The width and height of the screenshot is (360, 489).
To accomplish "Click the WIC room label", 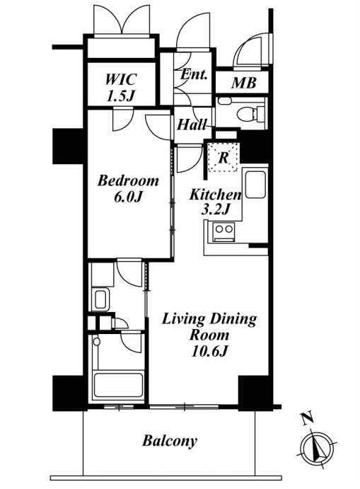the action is (120, 79).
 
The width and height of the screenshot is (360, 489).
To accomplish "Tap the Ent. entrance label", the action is (194, 74).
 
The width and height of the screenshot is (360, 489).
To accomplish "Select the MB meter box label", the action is (244, 83).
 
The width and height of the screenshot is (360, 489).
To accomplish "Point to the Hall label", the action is (192, 125).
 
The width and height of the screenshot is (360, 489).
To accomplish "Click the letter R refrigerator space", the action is (223, 158).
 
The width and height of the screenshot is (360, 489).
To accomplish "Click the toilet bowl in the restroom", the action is (250, 114).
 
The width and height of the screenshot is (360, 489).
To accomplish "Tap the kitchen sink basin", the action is (255, 185).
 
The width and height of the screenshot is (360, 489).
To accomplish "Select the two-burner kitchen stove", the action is (224, 232).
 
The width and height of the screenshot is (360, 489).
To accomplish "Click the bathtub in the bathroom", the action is (119, 385).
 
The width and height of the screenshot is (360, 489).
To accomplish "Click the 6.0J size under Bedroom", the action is (129, 197).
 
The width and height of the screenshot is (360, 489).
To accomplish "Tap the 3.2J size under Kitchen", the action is (216, 209).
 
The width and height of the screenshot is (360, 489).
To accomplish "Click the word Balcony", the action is (170, 441).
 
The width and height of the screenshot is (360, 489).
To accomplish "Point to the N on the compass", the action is (308, 418).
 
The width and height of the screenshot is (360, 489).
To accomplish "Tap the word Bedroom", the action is (128, 180).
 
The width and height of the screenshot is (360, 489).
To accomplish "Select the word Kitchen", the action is (216, 195).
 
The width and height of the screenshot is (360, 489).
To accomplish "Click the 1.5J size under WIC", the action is (120, 96).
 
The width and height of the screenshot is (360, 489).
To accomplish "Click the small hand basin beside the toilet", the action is (224, 101).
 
